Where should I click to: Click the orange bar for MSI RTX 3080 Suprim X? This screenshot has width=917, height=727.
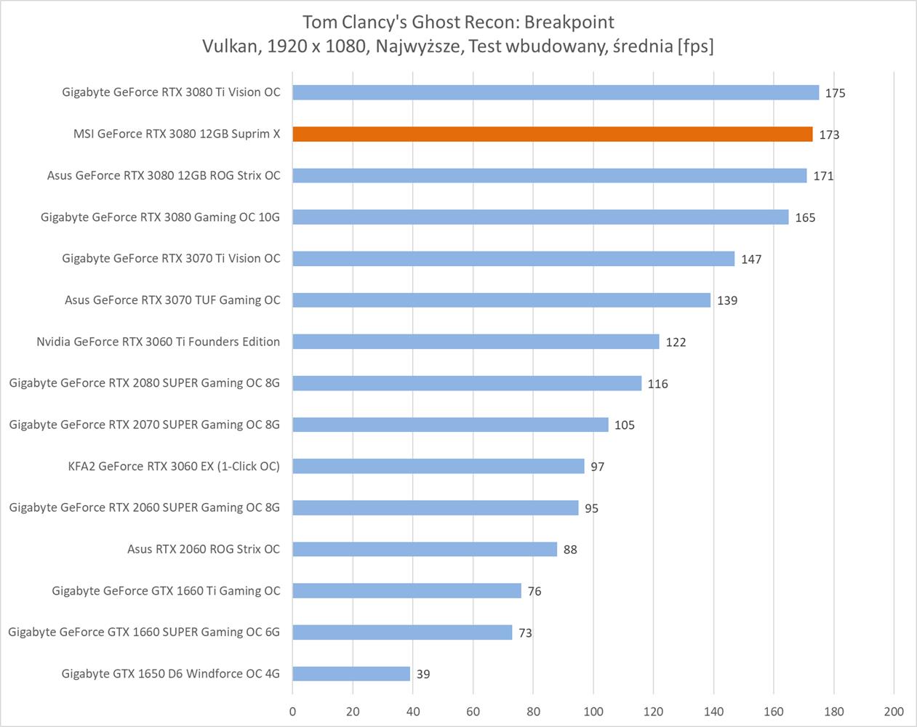coord(553,134)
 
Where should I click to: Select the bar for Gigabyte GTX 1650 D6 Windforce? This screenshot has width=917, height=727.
coord(351,674)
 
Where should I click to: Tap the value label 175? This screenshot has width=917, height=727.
coord(835,93)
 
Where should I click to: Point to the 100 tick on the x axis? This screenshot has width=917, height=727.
coord(593,711)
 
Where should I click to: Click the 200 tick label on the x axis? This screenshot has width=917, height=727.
coord(894,711)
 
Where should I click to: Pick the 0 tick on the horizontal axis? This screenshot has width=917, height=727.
coord(293,711)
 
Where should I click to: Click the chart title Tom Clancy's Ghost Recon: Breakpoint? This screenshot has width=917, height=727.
coord(458,22)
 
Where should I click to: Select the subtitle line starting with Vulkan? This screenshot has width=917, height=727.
coord(458,47)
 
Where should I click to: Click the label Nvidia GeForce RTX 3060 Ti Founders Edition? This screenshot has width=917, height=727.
coord(158,342)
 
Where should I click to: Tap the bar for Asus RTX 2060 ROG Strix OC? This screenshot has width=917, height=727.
coord(425,550)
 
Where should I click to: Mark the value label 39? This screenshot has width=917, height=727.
coord(423,674)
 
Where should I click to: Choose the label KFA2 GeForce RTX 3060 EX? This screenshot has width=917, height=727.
coord(174,466)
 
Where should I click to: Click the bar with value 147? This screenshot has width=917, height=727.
coord(513,259)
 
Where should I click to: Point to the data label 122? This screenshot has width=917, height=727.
coord(676,342)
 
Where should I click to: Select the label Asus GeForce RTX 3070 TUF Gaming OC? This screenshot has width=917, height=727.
coord(172,300)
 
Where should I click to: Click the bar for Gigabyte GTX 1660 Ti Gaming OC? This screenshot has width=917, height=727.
coord(407,591)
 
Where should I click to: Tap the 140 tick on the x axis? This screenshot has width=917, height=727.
coord(713,711)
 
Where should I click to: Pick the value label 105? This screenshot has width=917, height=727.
coord(624,425)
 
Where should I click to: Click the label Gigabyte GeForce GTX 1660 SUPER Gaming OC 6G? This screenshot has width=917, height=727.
coord(144,632)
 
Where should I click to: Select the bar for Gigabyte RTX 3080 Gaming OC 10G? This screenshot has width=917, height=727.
coord(540,217)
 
